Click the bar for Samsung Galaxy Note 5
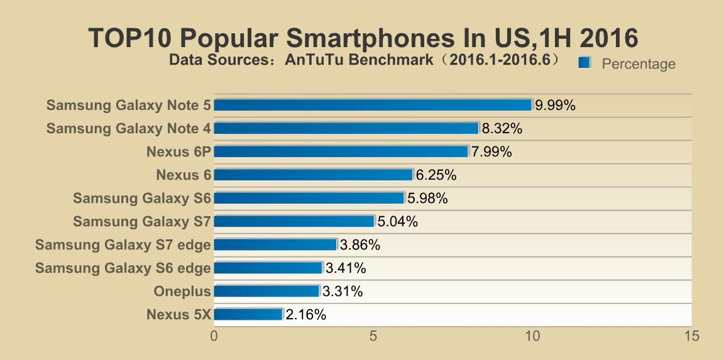click(x=373, y=105)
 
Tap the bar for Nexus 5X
click(x=249, y=314)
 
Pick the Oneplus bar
click(x=267, y=291)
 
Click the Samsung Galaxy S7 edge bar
click(x=276, y=244)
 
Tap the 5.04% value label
click(x=398, y=222)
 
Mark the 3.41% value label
click(x=346, y=268)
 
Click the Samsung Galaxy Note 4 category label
click(x=129, y=129)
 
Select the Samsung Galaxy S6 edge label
click(x=123, y=268)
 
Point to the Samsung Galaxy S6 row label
click(x=142, y=199)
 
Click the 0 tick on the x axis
click(x=214, y=336)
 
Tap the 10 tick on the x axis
click(x=532, y=336)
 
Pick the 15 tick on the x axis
click(x=691, y=336)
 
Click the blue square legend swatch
click(x=584, y=62)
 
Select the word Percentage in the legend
click(x=639, y=64)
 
